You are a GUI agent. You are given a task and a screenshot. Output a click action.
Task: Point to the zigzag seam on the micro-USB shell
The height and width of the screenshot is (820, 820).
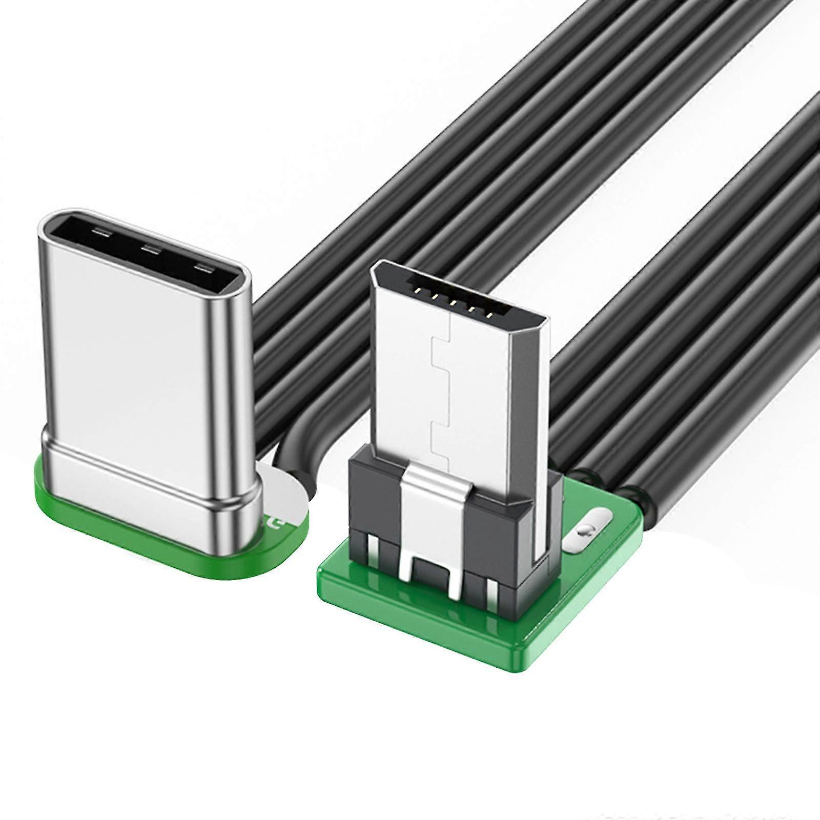[441, 389]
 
